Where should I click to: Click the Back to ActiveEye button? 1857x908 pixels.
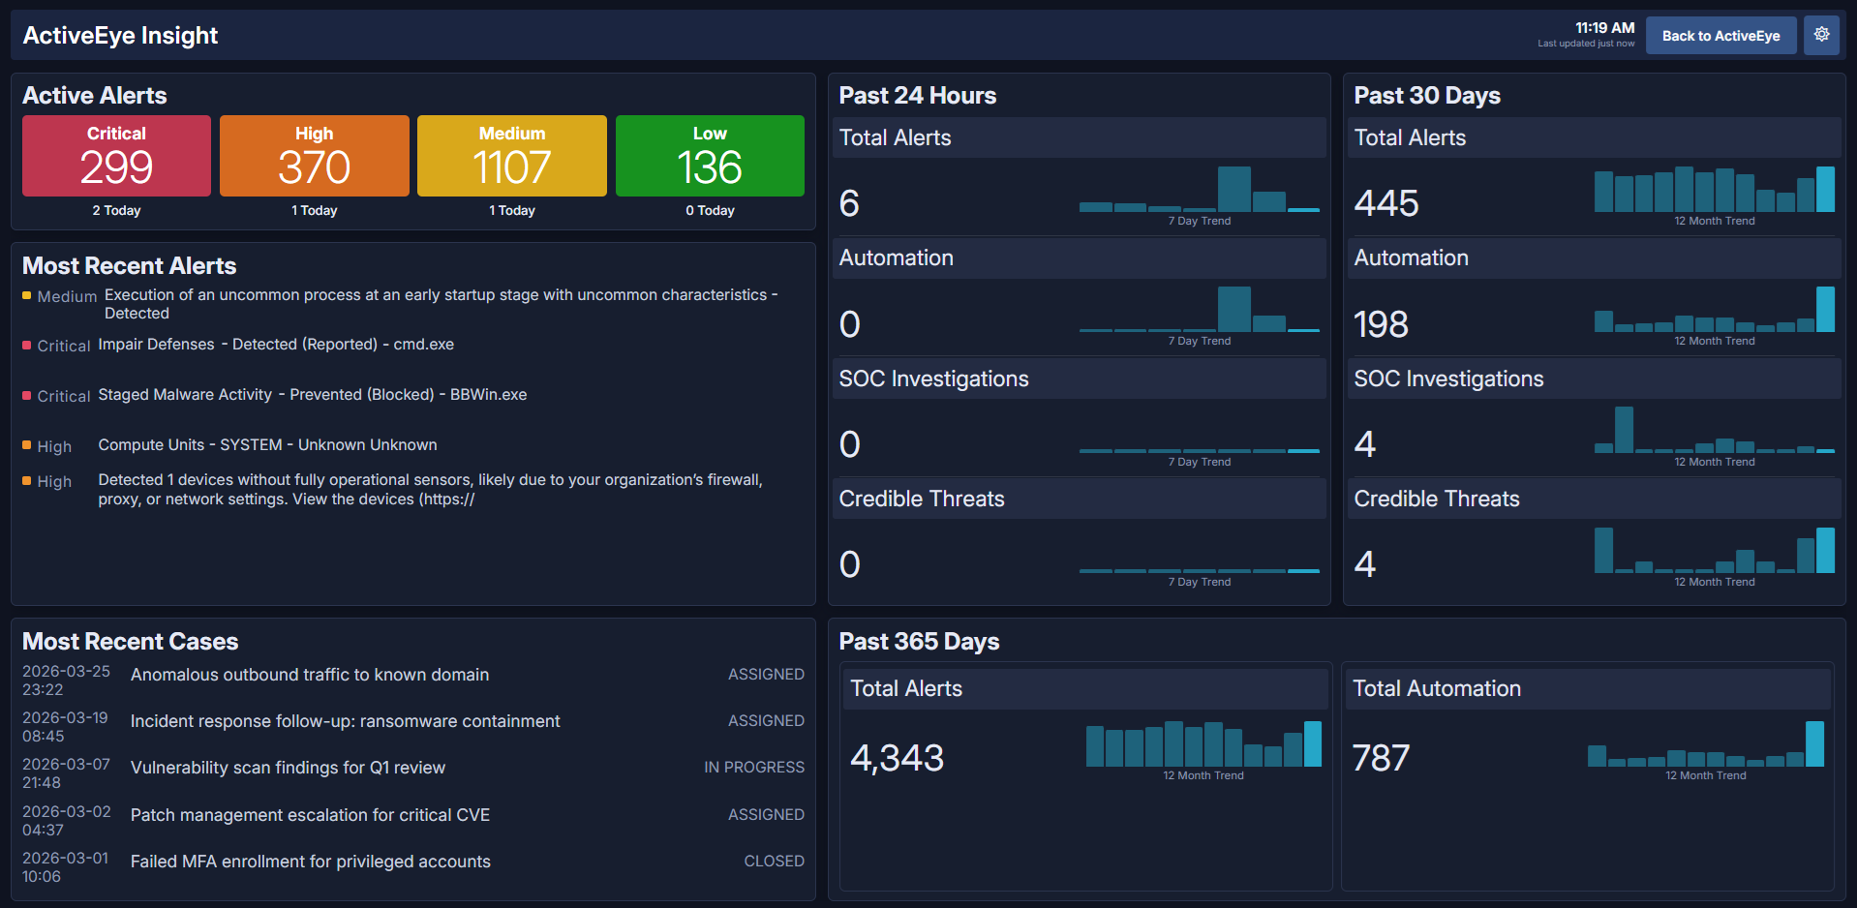[x=1720, y=36]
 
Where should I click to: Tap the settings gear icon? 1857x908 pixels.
[x=1821, y=35]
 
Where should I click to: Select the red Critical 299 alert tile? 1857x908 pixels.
[x=116, y=156]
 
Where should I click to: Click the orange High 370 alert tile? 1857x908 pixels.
[x=314, y=156]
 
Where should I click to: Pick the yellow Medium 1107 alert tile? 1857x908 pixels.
[x=511, y=156]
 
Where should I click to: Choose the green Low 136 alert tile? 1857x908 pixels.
[x=710, y=156]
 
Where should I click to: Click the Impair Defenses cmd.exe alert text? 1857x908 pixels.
[x=276, y=345]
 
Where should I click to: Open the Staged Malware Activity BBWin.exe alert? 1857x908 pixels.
[x=312, y=395]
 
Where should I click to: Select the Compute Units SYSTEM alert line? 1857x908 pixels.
[x=267, y=445]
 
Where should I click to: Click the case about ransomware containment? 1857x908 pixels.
[x=345, y=721]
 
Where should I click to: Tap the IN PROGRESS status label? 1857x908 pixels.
[x=753, y=768]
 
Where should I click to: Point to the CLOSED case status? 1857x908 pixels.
[x=774, y=862]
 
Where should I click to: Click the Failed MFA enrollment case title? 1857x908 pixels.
[x=310, y=862]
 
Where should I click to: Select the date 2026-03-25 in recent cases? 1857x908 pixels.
[x=66, y=671]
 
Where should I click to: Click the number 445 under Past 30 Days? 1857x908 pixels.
[x=1385, y=203]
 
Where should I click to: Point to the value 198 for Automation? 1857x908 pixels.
[x=1381, y=324]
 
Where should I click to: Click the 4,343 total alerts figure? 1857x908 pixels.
[x=897, y=758]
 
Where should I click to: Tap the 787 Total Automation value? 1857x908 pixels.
[x=1381, y=758]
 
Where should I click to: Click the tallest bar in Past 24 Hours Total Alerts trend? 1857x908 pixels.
[x=1233, y=190]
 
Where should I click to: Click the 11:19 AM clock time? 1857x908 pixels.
[x=1604, y=28]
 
